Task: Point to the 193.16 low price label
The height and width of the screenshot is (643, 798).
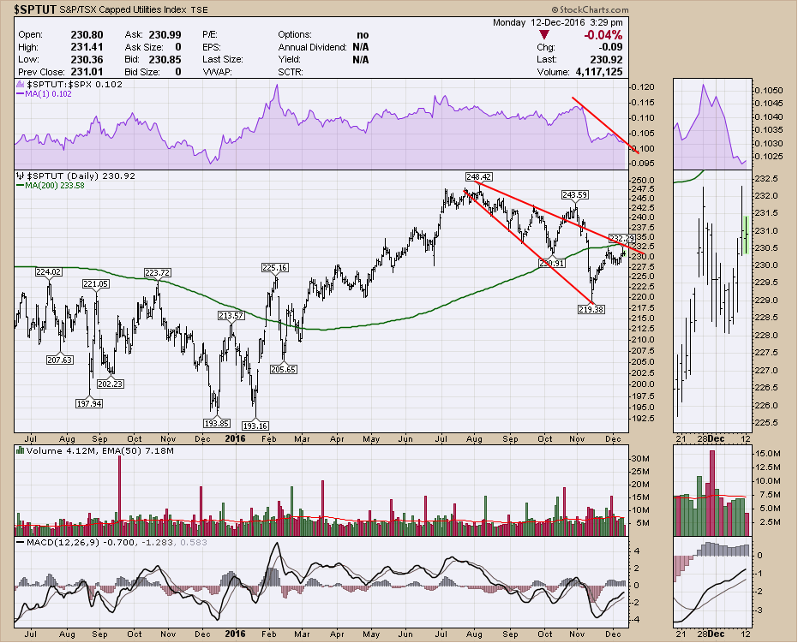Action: pyautogui.click(x=255, y=425)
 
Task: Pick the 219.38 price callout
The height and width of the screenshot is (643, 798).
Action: pyautogui.click(x=591, y=308)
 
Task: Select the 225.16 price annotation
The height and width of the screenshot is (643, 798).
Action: pyautogui.click(x=273, y=268)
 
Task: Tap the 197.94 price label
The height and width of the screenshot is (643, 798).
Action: pyautogui.click(x=89, y=403)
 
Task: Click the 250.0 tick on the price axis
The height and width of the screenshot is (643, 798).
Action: pyautogui.click(x=643, y=181)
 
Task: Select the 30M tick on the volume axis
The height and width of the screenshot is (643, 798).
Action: pyautogui.click(x=642, y=459)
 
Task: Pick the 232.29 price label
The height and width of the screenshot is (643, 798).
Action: pyautogui.click(x=621, y=237)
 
